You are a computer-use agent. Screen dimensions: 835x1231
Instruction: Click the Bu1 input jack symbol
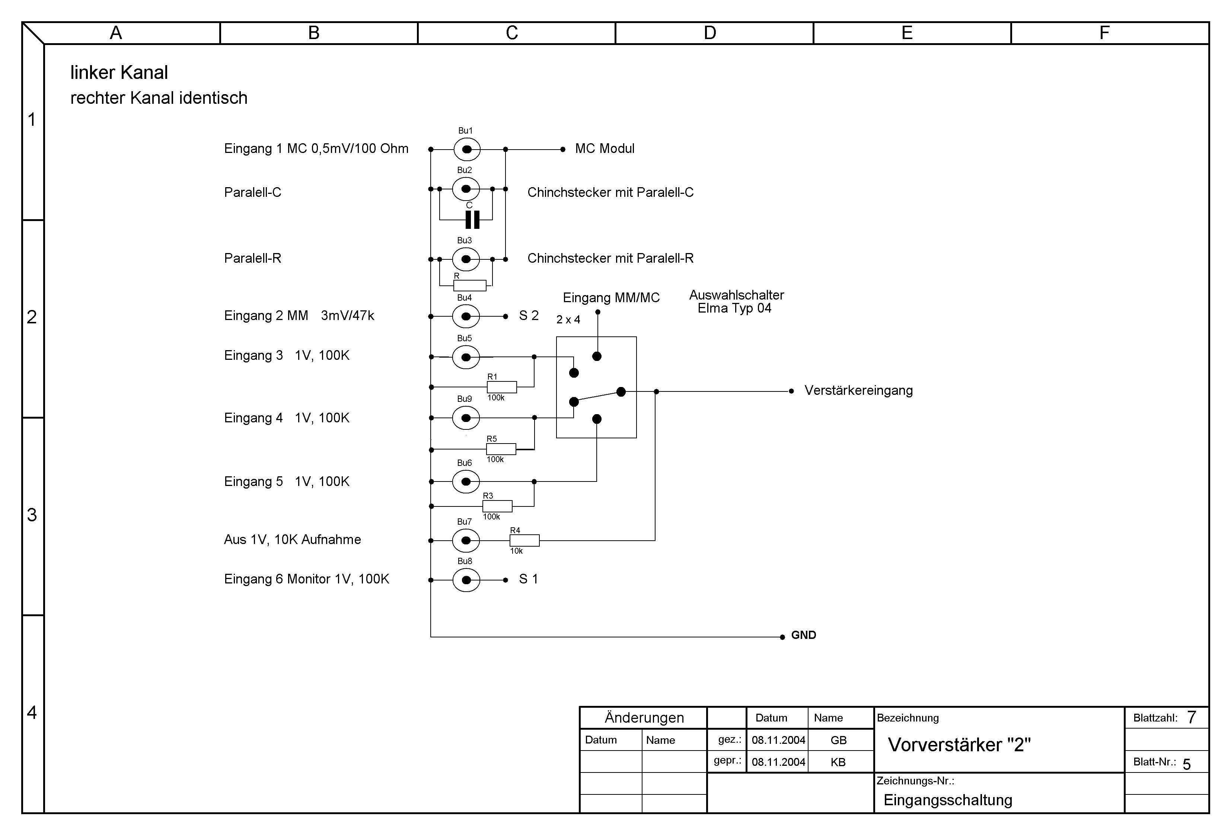coord(467,149)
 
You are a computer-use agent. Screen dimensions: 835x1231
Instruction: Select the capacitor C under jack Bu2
coord(472,219)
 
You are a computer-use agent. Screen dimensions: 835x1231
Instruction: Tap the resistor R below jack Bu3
coord(469,285)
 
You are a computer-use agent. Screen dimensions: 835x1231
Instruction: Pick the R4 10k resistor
coord(524,540)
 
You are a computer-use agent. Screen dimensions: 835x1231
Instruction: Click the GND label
coord(803,635)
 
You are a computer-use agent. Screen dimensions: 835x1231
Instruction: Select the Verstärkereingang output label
coord(858,391)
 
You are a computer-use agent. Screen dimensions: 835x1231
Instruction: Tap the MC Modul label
coord(605,149)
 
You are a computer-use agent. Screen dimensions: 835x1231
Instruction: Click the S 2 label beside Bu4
coord(528,316)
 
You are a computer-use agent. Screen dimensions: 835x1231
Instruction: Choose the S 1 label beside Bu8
coord(528,579)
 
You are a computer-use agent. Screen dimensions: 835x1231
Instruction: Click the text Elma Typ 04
coord(734,308)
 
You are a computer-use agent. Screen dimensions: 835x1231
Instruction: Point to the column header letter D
coord(710,33)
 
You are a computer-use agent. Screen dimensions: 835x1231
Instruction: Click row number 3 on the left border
coord(32,515)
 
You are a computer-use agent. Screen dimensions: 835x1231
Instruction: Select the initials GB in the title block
coord(839,740)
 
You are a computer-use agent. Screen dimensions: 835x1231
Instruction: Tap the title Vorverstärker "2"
coord(959,745)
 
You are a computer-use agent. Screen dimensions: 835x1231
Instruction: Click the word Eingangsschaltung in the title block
coord(948,800)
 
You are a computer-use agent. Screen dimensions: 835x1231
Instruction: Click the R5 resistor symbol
coord(501,449)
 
